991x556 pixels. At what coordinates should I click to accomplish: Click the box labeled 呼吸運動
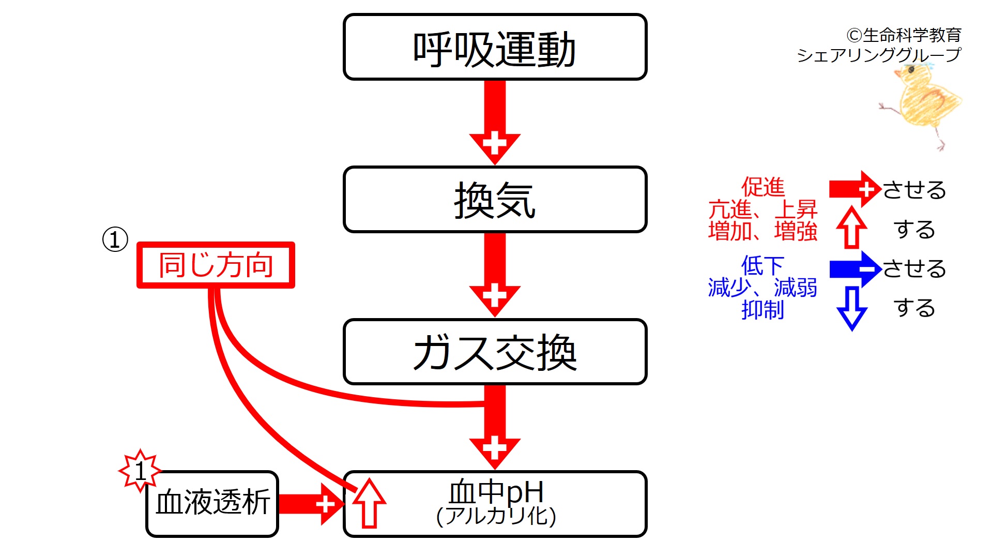tap(495, 48)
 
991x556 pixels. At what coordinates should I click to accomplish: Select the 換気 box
tap(495, 200)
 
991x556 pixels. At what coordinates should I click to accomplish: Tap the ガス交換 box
tap(495, 352)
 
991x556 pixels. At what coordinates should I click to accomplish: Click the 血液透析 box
tap(212, 503)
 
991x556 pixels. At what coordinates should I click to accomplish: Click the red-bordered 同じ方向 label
tap(216, 265)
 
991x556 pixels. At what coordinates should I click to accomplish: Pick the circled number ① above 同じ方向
tap(115, 239)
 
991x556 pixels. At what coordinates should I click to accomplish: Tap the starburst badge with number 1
tap(140, 471)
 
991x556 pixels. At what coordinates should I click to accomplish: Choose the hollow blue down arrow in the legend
tap(851, 308)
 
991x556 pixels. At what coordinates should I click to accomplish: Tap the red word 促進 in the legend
tap(763, 187)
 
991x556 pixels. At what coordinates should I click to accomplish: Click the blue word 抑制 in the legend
tap(763, 310)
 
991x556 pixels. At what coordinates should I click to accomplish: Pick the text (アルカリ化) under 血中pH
tap(496, 516)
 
